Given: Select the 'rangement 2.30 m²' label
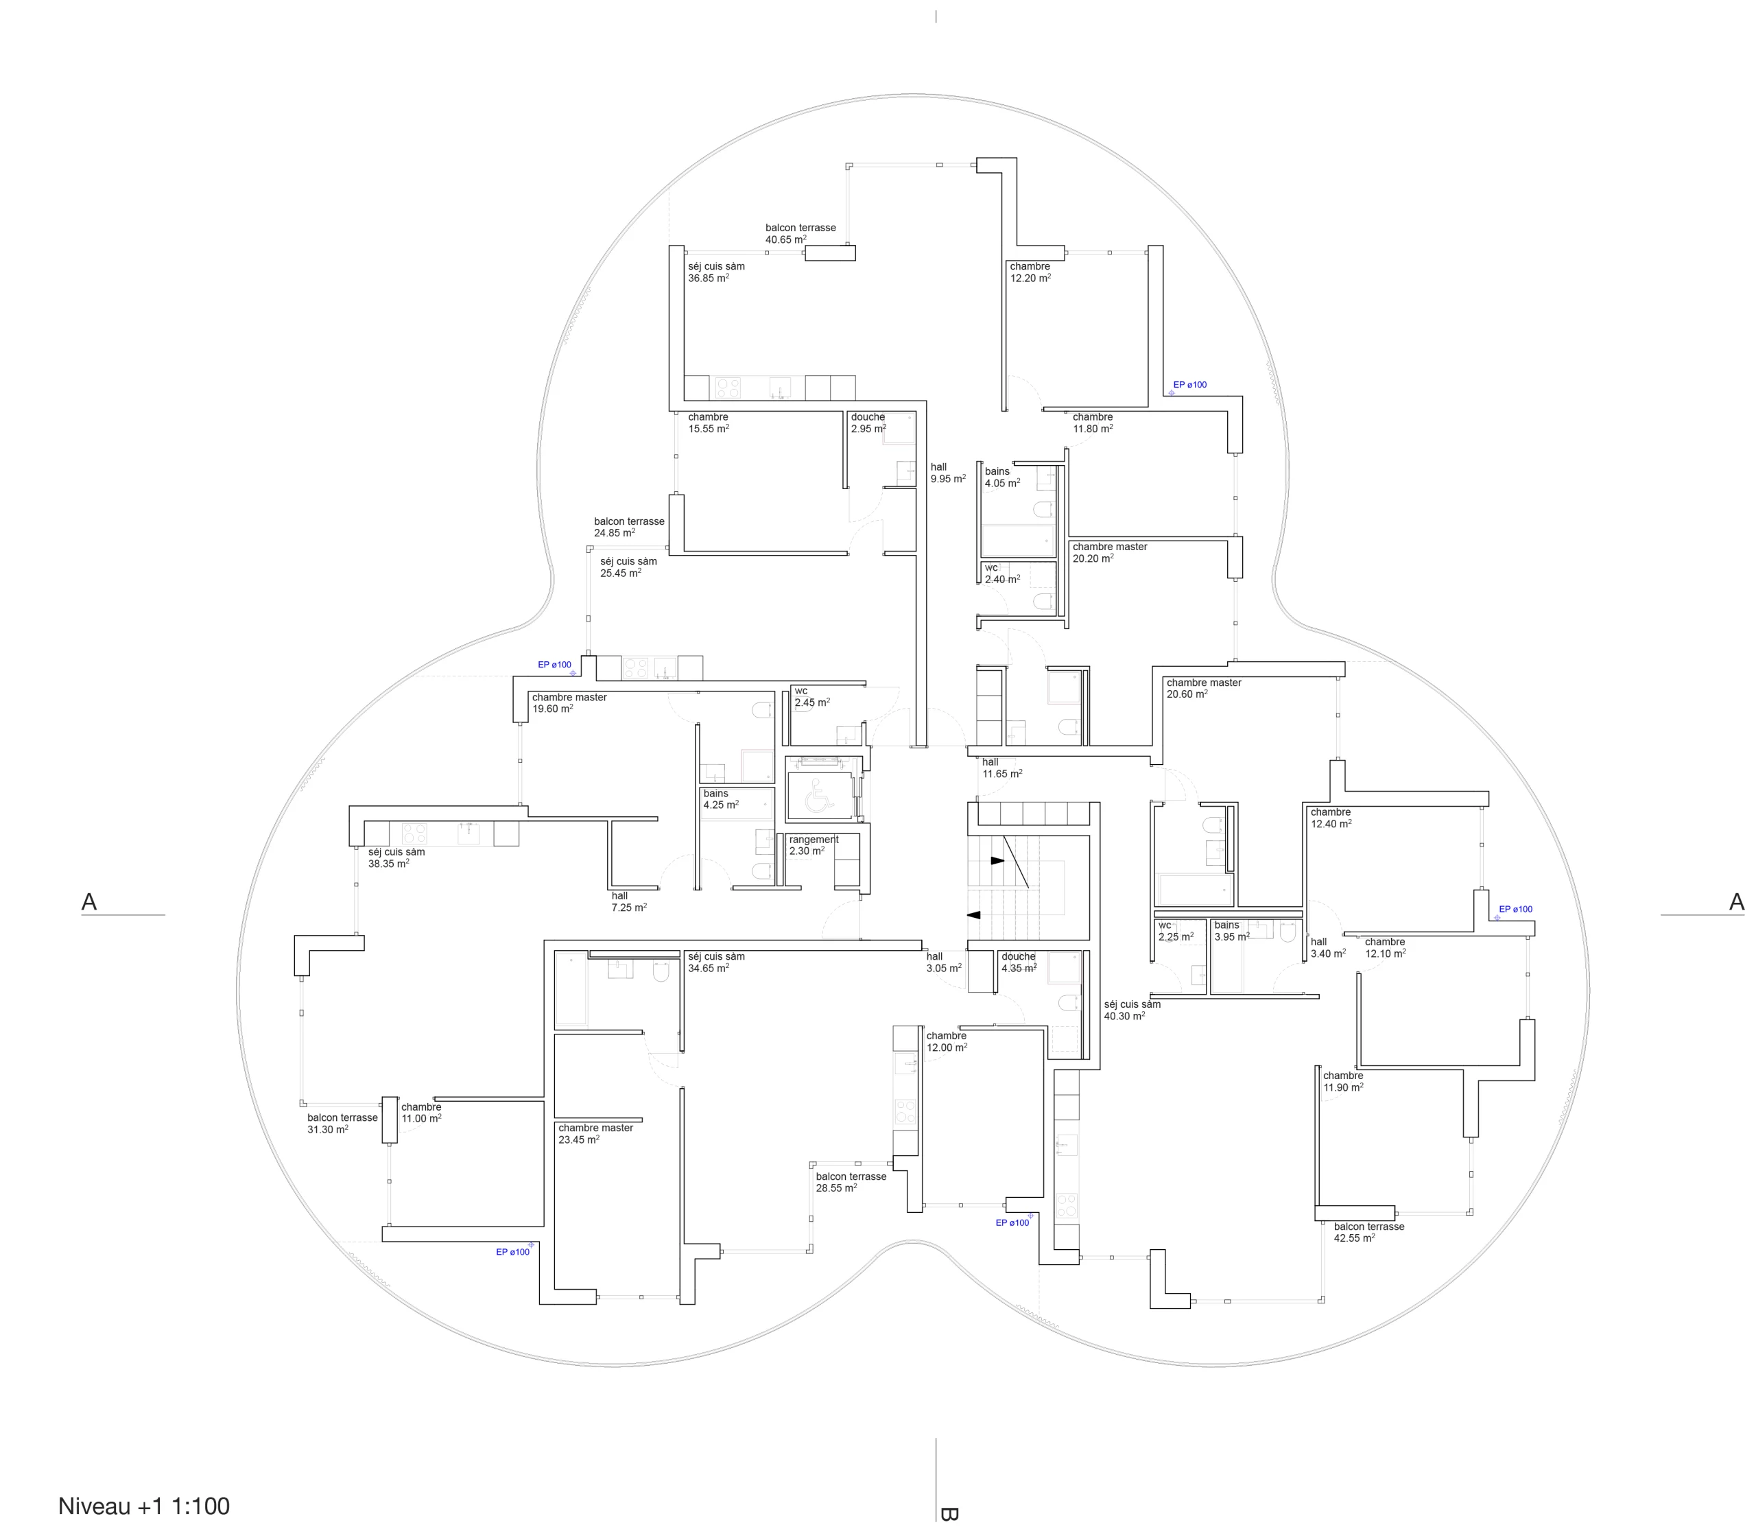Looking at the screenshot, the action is point(814,845).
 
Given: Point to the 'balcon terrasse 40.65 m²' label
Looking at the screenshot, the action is point(800,233).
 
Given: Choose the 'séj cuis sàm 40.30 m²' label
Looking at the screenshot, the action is point(1132,1010).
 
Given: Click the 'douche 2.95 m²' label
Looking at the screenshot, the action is point(868,423).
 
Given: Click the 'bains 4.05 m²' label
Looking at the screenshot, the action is point(1002,477).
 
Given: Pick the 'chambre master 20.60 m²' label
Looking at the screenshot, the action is point(1204,688).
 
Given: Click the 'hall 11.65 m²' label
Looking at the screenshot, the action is point(1002,767).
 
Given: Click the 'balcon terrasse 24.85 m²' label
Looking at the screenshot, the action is point(629,527).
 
